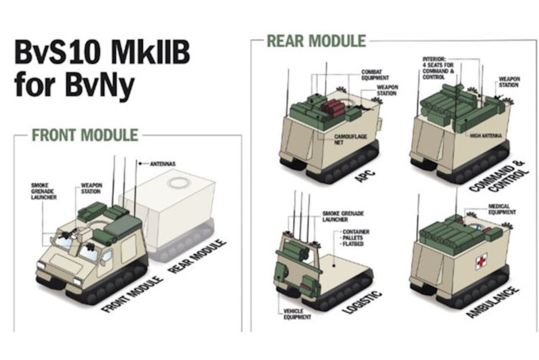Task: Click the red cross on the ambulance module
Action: [x=481, y=261]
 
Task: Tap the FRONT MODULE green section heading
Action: [x=85, y=135]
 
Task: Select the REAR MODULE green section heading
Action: [x=316, y=41]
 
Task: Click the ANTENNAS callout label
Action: [x=163, y=164]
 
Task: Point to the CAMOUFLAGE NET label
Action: [x=350, y=139]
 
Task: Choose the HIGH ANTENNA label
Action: [x=486, y=136]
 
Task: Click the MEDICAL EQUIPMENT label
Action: [x=502, y=209]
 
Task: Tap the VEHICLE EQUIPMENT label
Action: [x=297, y=314]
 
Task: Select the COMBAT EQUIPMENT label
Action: [x=375, y=75]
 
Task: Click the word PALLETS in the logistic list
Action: [x=353, y=238]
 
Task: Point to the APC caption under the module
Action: [x=365, y=176]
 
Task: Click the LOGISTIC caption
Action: [x=362, y=302]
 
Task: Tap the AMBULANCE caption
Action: [x=492, y=302]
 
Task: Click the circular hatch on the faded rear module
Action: [x=178, y=182]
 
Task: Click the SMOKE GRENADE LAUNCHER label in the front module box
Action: [x=44, y=191]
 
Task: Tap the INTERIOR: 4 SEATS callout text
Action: [x=438, y=68]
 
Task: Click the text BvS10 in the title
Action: [x=57, y=53]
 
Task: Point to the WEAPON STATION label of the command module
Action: [x=509, y=82]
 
